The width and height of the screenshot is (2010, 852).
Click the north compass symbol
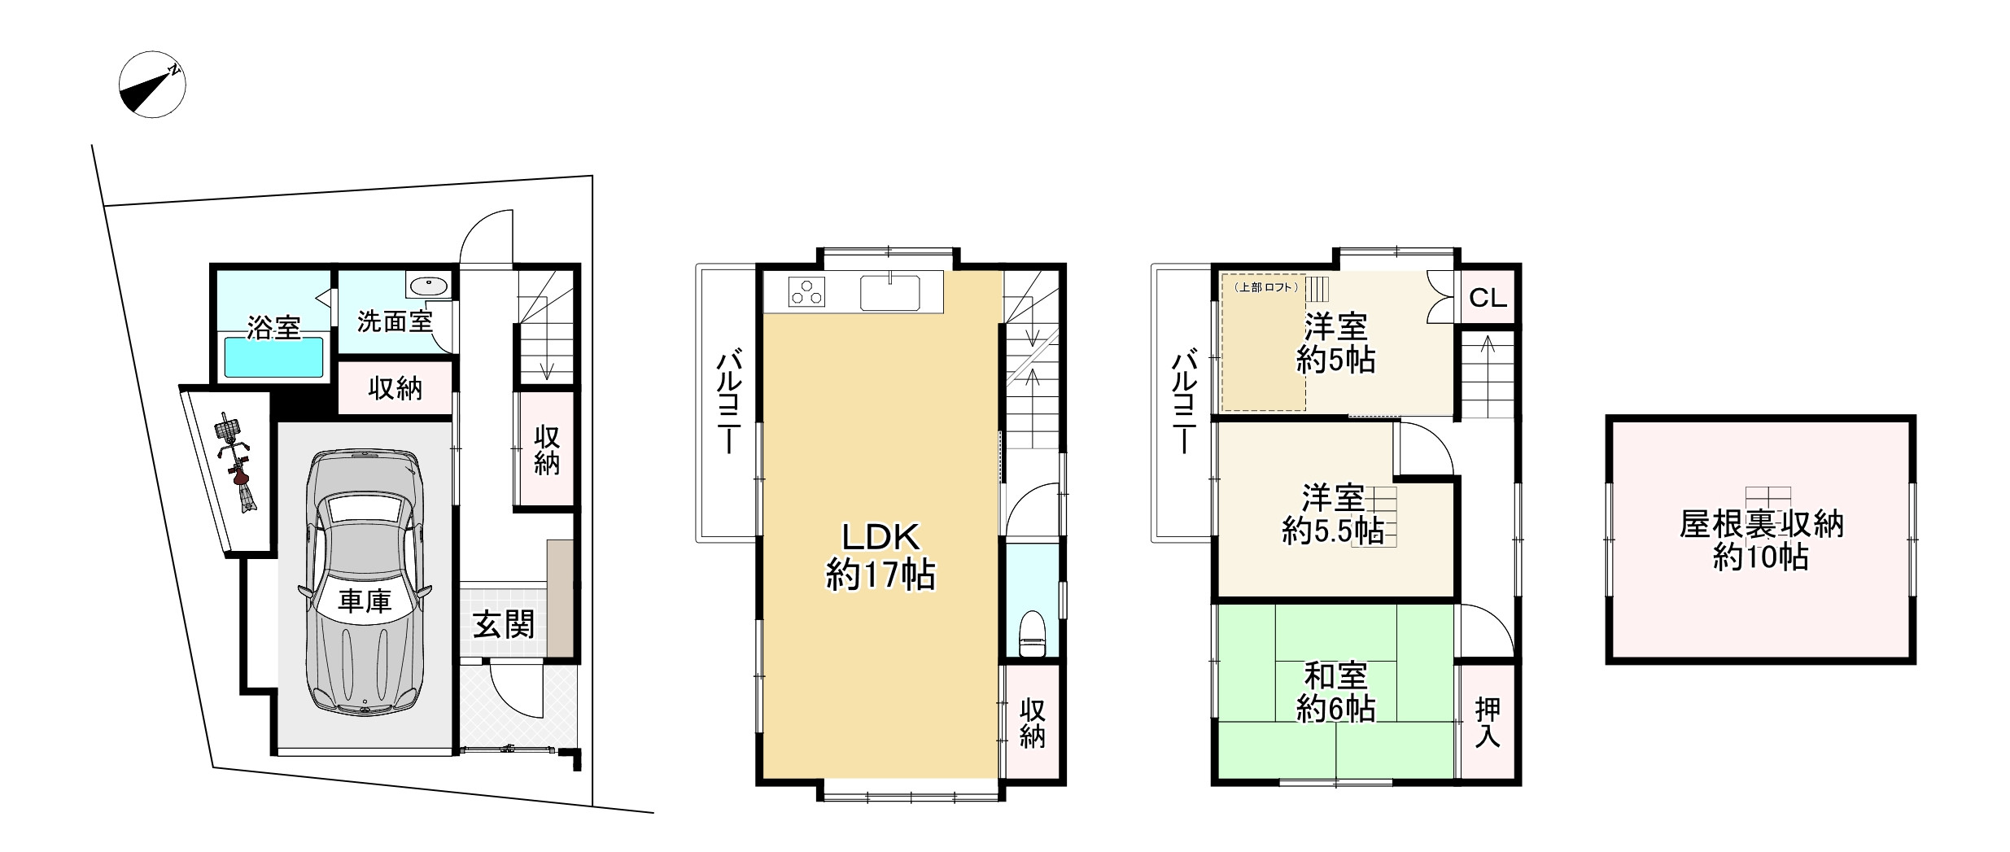(152, 85)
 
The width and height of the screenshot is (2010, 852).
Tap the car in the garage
(365, 584)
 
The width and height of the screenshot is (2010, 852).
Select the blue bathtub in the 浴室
(275, 357)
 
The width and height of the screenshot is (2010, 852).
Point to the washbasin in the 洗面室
(428, 286)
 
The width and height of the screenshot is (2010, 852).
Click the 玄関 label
(504, 625)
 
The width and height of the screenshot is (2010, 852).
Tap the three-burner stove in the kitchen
(806, 291)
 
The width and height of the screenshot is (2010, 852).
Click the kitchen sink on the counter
(890, 292)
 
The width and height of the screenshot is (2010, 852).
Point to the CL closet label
(1488, 298)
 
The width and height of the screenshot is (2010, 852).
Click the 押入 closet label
(1488, 723)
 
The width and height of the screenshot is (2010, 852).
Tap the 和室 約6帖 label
(1335, 693)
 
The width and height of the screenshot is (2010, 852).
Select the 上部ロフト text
(1265, 287)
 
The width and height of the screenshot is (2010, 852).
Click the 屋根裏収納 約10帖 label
(1761, 540)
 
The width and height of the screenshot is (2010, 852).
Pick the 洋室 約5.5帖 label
(1333, 514)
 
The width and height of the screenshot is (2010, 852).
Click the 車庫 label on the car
(365, 601)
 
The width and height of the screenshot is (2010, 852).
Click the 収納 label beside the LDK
(1033, 723)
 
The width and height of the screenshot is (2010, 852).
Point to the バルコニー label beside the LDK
(727, 403)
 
